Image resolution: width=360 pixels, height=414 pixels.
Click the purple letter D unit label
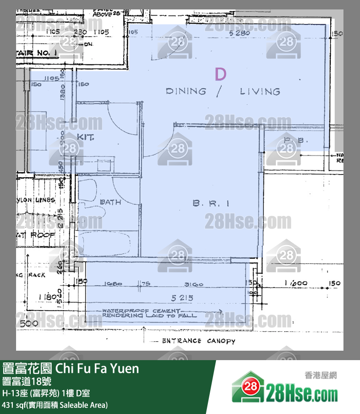point(220,74)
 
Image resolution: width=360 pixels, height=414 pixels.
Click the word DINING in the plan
point(186,91)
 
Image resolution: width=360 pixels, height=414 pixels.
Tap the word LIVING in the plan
point(259,91)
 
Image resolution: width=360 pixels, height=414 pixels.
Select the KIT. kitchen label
point(86,137)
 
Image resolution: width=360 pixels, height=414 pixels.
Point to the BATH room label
point(110,202)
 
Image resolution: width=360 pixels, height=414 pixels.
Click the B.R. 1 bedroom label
point(211,203)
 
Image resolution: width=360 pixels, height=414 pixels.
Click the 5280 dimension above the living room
point(239,34)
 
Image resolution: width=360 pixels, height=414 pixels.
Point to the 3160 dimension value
point(194,284)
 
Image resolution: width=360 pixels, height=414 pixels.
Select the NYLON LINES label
point(36,200)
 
